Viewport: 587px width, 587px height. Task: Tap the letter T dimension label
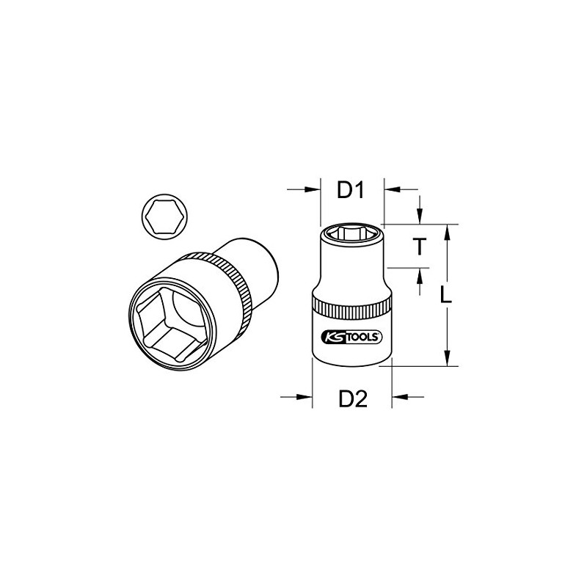[418, 247]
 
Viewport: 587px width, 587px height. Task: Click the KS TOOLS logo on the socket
[351, 336]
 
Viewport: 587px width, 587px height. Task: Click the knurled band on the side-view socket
[351, 307]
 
